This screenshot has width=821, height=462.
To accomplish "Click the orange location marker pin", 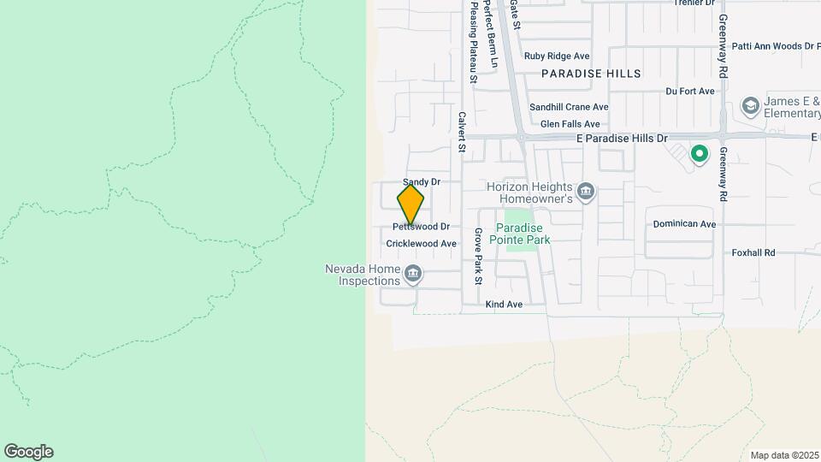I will (410, 204).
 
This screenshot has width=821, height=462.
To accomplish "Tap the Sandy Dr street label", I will (421, 182).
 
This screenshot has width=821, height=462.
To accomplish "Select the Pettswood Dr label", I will (421, 227).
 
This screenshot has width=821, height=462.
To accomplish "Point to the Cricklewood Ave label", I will (421, 244).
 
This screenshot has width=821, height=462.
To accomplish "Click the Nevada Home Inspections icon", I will (413, 275).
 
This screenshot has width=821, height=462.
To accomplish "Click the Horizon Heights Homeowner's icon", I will (586, 190).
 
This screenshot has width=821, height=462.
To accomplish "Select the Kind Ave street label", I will (504, 305).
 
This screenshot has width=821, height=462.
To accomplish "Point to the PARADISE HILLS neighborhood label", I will (591, 74).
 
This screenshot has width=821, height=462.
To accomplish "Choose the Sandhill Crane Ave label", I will (568, 107).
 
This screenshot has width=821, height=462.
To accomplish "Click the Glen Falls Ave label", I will (564, 124).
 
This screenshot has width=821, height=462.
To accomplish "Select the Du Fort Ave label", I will (689, 92).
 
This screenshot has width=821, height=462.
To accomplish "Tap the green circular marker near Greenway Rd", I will (700, 155).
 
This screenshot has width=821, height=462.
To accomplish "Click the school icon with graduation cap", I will (750, 106).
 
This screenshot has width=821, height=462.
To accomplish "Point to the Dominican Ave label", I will (684, 224).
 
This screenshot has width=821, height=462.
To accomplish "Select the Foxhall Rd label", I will (753, 253).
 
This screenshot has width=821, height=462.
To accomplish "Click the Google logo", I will (28, 452).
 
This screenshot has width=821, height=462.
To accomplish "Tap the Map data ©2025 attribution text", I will (783, 455).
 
